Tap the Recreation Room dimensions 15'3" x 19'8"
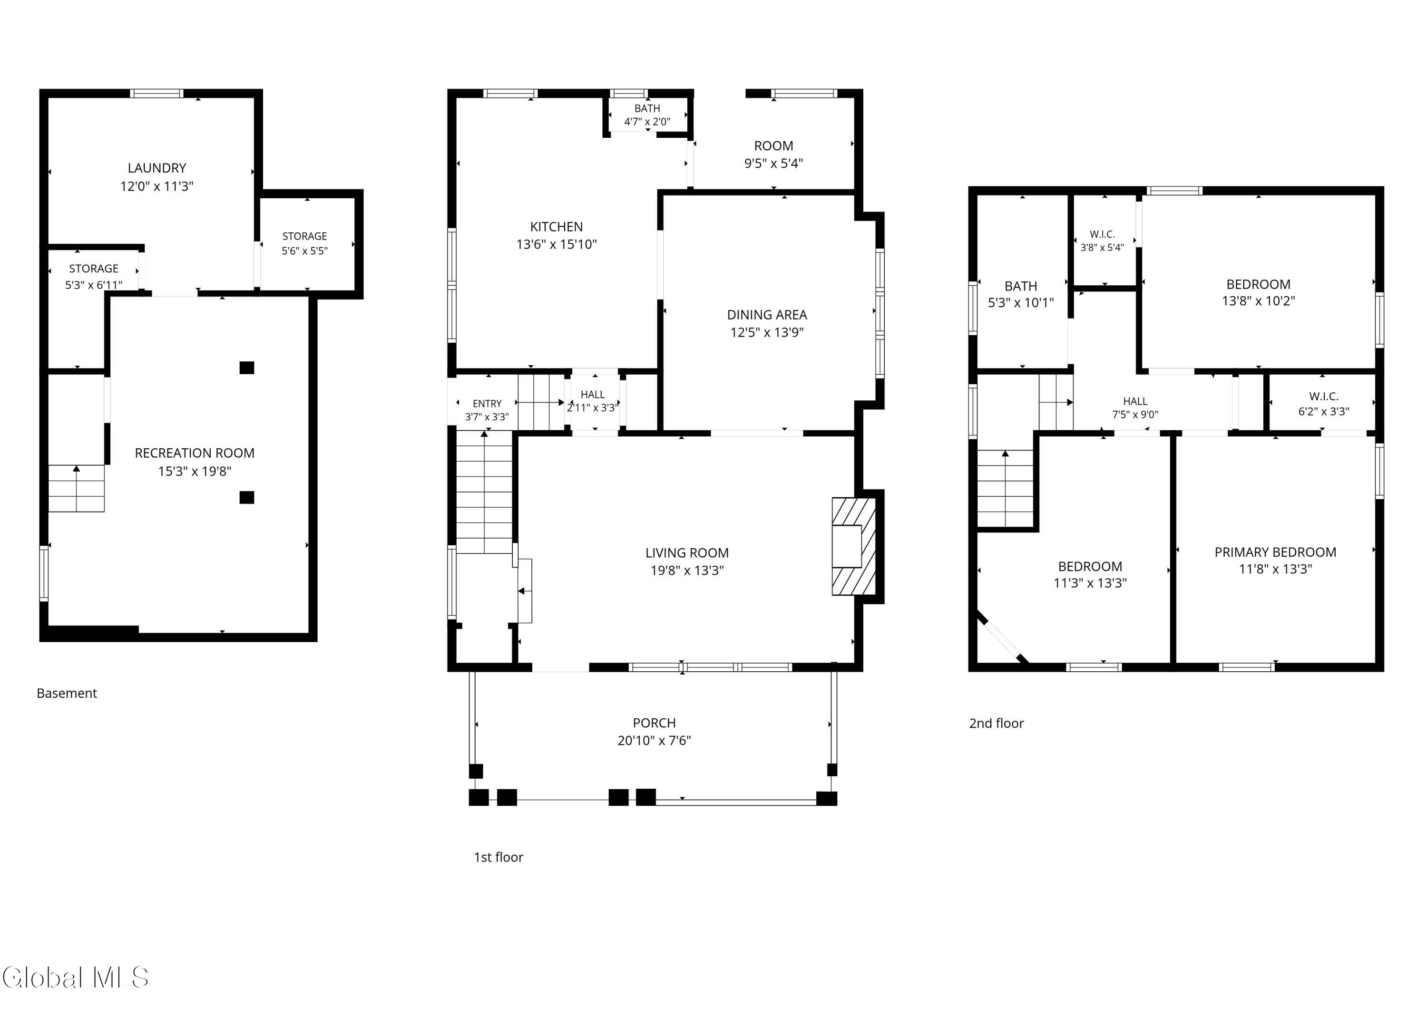[195, 472]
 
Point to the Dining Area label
[767, 315]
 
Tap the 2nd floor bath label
[1021, 286]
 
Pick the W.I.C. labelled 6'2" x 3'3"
[1324, 404]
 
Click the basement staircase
[76, 488]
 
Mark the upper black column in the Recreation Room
[247, 368]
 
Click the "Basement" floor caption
[67, 693]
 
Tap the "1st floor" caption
[498, 857]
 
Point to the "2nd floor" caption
[996, 724]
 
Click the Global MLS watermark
[76, 977]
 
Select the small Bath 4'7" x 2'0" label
[647, 115]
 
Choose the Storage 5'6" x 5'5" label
[304, 243]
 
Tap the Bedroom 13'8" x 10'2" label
[1259, 292]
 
